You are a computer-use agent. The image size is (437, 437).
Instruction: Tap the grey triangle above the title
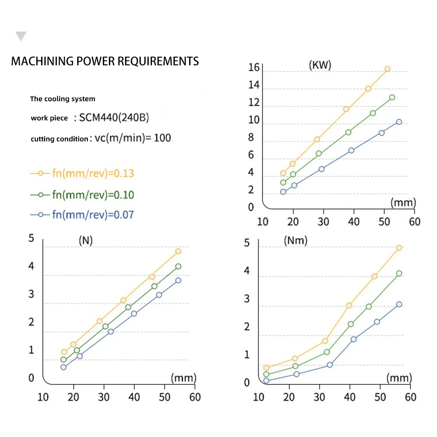tap(21, 36)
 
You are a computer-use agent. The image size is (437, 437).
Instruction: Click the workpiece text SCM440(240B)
tap(114, 118)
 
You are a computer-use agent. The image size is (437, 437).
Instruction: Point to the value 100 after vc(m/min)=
tap(162, 138)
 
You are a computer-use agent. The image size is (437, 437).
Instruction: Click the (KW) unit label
tap(320, 65)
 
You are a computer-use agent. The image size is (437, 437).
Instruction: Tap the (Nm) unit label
tap(295, 240)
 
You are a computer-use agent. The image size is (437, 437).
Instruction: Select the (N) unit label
tap(86, 240)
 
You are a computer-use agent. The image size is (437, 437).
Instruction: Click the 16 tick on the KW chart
tap(254, 68)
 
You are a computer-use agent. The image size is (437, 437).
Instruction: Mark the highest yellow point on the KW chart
tap(387, 69)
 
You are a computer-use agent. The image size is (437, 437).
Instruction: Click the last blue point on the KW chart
tap(399, 122)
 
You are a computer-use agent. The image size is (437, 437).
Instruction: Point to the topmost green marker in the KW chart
tap(392, 98)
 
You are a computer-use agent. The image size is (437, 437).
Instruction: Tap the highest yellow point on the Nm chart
tap(399, 248)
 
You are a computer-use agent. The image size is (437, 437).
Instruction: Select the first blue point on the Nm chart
tap(266, 381)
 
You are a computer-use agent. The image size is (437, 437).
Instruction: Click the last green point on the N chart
tap(178, 267)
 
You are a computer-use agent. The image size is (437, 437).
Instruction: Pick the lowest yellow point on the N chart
tap(64, 352)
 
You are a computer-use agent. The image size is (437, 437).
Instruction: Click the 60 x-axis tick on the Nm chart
tap(410, 397)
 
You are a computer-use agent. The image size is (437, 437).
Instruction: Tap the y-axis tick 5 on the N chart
tap(31, 239)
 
